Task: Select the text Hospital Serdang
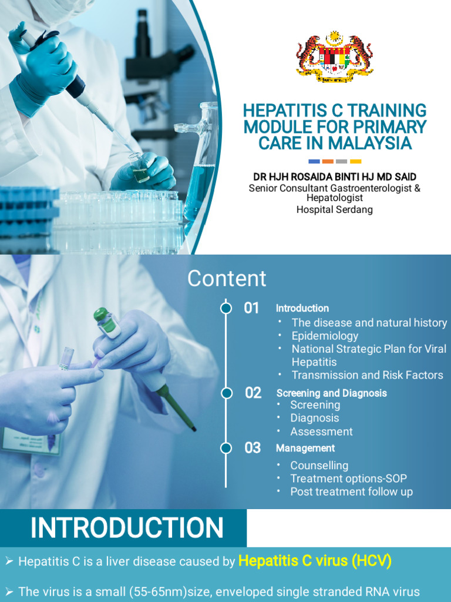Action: [335, 209]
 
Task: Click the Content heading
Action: [227, 279]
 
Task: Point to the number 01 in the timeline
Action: [251, 308]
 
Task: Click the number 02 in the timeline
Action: [253, 393]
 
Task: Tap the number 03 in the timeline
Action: [253, 448]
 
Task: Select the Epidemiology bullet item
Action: [325, 336]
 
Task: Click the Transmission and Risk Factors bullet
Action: [367, 375]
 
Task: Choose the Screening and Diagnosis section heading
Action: [331, 393]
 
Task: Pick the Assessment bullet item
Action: [321, 432]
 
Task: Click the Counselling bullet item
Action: [319, 466]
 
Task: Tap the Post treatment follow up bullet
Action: [351, 491]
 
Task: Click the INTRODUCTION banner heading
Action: [127, 528]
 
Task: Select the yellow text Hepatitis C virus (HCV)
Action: [315, 561]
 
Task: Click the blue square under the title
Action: [314, 161]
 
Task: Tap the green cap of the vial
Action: [100, 314]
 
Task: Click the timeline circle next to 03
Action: [226, 448]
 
